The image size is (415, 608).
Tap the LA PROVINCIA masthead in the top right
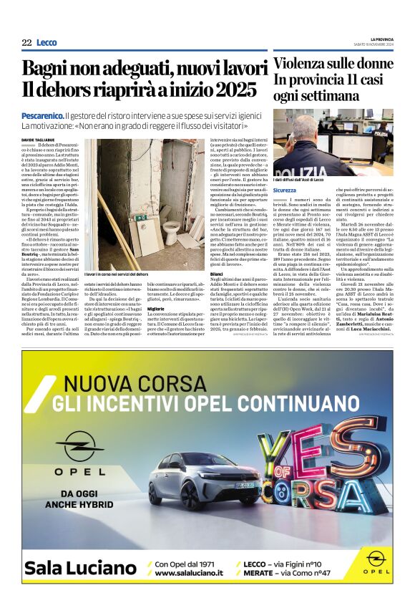(381, 39)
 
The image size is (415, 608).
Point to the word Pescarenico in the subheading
(41, 115)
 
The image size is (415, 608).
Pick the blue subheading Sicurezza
(284, 190)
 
